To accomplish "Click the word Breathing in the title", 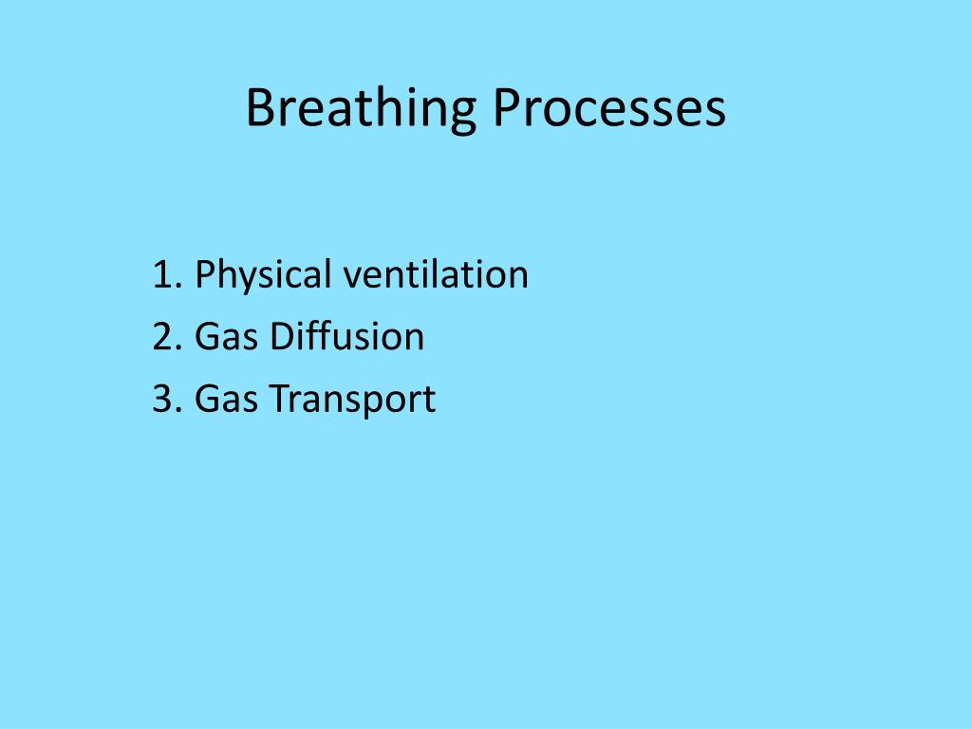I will [x=360, y=109].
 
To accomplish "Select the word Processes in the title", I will [x=608, y=109].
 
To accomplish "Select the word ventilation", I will [x=436, y=275].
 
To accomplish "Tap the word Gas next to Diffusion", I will [x=226, y=337].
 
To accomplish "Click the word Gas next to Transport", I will [x=226, y=399].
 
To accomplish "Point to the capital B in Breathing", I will [x=258, y=109].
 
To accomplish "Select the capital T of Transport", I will [x=277, y=399].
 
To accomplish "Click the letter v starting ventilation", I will [x=351, y=277].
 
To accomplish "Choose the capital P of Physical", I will [x=204, y=275].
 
